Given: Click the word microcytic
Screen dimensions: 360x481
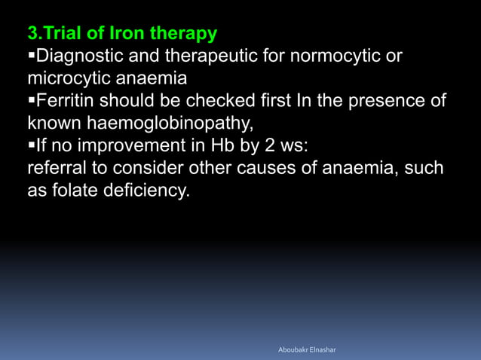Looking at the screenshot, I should (x=68, y=78).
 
